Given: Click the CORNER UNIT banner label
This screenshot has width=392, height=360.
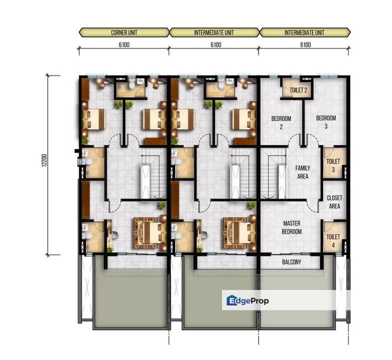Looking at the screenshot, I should (x=123, y=33).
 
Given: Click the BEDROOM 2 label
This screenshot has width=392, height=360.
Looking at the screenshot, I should (x=281, y=123).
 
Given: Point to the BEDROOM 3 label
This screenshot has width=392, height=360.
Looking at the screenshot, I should (x=326, y=122).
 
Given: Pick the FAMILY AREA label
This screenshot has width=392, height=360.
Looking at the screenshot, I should (x=302, y=172).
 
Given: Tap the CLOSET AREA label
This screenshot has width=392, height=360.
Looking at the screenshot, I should (x=334, y=202).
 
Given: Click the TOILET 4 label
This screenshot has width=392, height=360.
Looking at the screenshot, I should (x=333, y=240).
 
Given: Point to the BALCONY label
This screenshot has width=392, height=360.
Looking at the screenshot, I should (x=290, y=261).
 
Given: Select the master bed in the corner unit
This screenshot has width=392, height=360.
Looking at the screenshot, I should (x=148, y=232).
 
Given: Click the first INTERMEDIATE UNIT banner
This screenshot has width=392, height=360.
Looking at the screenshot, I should (x=214, y=33).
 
